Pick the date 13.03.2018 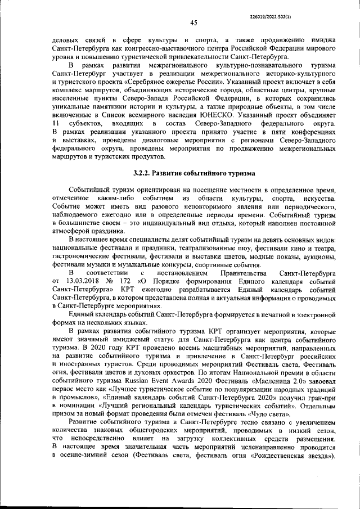point(76,280)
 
